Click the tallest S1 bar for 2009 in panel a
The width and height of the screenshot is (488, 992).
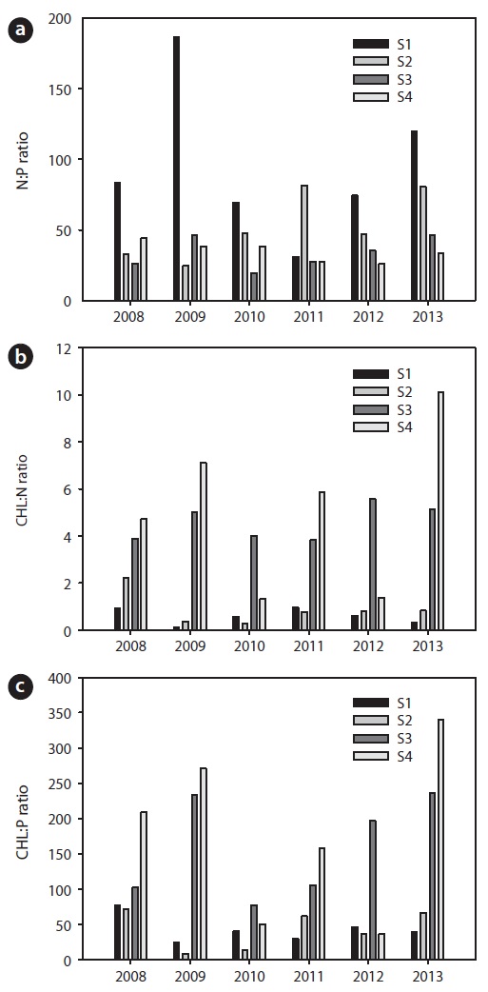pos(176,169)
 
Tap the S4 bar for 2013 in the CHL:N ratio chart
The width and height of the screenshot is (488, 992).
pos(439,511)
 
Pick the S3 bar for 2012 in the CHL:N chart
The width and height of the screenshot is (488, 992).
pos(372,565)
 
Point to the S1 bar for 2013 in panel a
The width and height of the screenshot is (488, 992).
pos(414,216)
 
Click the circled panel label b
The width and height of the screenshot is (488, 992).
pos(19,358)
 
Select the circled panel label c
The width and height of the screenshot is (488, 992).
pos(19,687)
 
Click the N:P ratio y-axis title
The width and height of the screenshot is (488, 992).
pos(22,160)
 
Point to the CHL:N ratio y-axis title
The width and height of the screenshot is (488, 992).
pos(22,488)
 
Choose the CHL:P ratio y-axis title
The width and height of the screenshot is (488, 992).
pos(22,819)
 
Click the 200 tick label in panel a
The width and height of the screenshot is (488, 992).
pos(62,19)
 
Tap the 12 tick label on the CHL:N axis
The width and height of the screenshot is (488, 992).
pos(67,347)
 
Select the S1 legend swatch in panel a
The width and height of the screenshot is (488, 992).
pos(369,44)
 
